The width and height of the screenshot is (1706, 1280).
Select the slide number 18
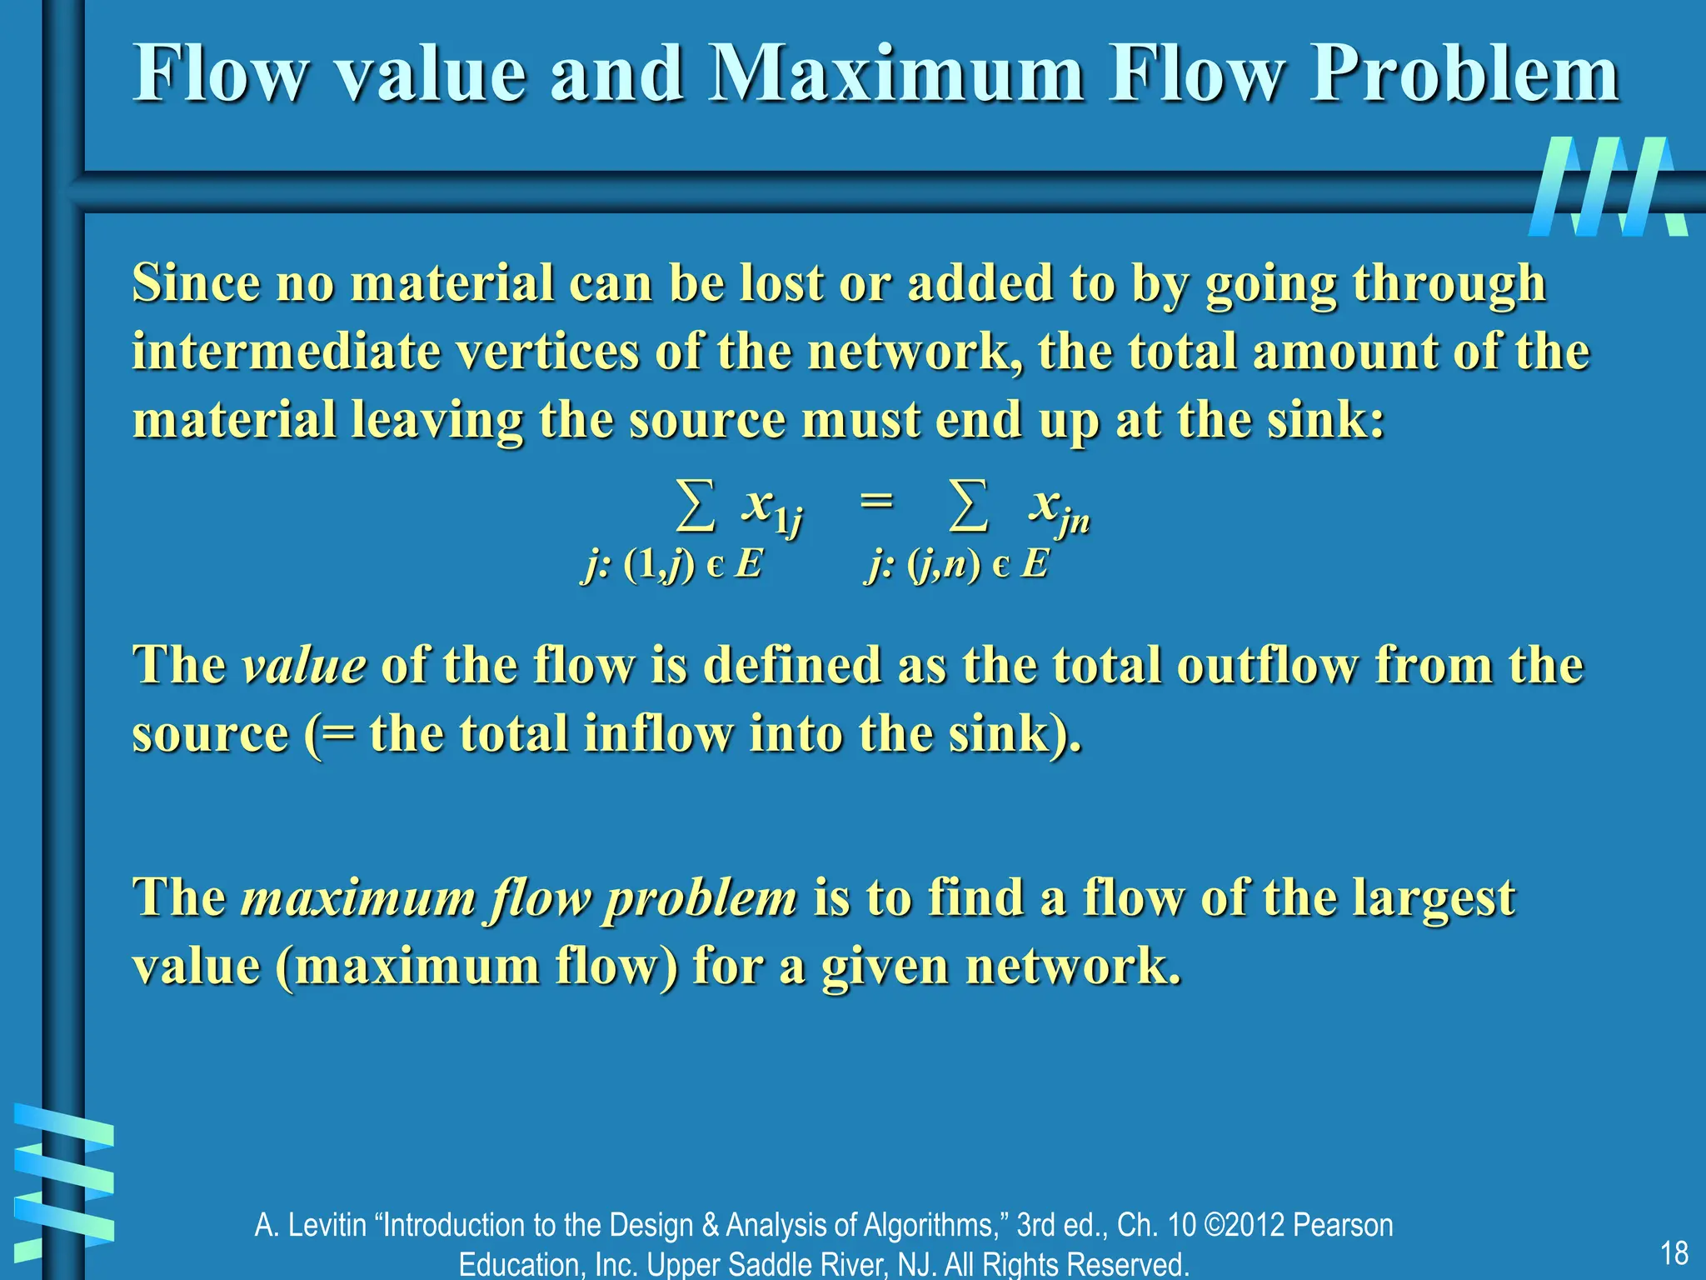point(1674,1252)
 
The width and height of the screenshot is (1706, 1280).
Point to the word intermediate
point(286,352)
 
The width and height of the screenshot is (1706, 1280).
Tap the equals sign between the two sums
point(876,501)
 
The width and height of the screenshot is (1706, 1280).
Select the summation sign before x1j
point(695,506)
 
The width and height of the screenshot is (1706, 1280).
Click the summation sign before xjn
point(969,506)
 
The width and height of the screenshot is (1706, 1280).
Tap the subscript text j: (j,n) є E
point(956,565)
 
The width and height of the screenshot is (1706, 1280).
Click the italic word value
point(303,666)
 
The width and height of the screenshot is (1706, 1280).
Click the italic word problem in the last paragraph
point(700,900)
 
